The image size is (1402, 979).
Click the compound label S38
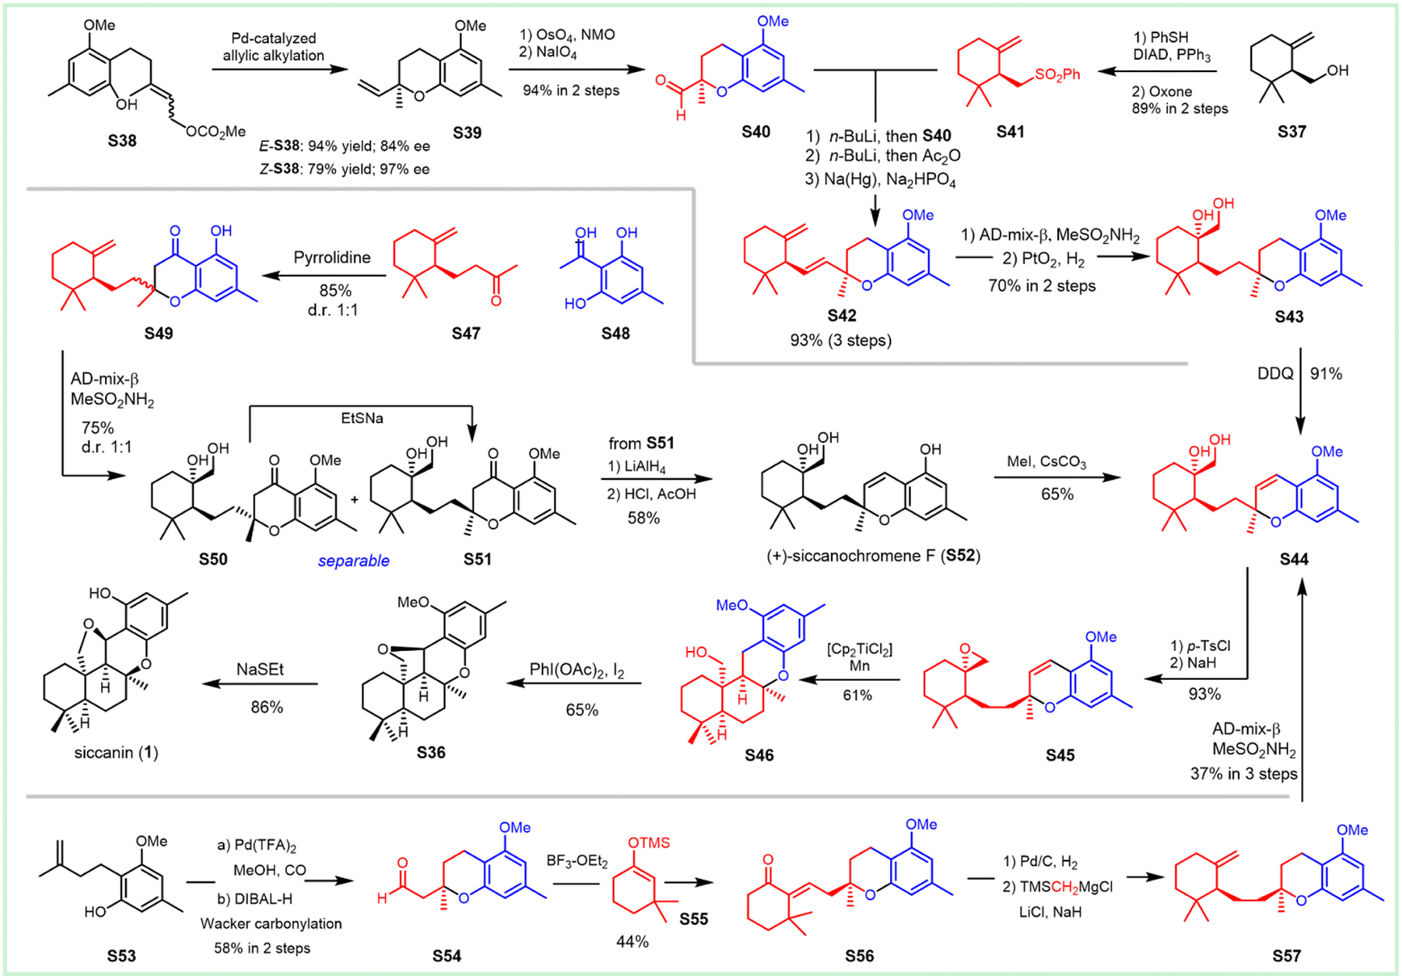[122, 141]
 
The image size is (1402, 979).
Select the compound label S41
[1010, 132]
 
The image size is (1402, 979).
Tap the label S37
[1291, 132]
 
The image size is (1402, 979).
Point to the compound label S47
[466, 333]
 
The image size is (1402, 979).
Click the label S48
[615, 333]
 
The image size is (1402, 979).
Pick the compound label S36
[431, 752]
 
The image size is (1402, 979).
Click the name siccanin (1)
[116, 753]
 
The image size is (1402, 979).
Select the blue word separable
[354, 561]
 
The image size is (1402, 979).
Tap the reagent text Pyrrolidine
[332, 258]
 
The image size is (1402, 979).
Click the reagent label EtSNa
[362, 418]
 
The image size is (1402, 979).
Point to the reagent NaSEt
[260, 670]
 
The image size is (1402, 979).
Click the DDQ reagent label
[1275, 373]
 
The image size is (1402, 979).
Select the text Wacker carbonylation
[271, 923]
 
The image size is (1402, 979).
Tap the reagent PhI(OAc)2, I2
[577, 670]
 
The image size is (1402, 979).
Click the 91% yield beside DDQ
[1326, 373]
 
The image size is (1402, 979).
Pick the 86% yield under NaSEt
[267, 708]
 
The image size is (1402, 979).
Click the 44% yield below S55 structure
[632, 942]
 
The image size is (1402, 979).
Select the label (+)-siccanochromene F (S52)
[873, 556]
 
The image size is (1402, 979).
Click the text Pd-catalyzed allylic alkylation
[274, 47]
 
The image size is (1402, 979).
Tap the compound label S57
[1287, 956]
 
